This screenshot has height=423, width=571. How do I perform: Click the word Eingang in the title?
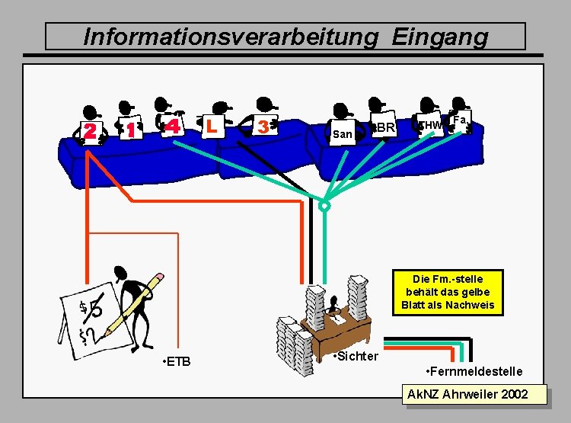click(x=440, y=36)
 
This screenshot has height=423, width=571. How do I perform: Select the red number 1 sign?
click(x=132, y=130)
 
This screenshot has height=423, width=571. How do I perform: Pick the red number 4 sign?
click(x=174, y=126)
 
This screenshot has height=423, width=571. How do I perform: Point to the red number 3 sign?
click(x=263, y=126)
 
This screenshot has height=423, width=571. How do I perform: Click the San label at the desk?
click(x=343, y=135)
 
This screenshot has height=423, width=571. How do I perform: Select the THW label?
click(x=431, y=125)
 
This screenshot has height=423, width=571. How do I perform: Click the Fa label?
click(x=459, y=120)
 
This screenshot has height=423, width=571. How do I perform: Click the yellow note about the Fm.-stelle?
click(x=448, y=292)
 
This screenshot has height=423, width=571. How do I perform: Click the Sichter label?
click(x=356, y=356)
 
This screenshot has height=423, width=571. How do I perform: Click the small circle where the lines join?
click(x=325, y=206)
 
